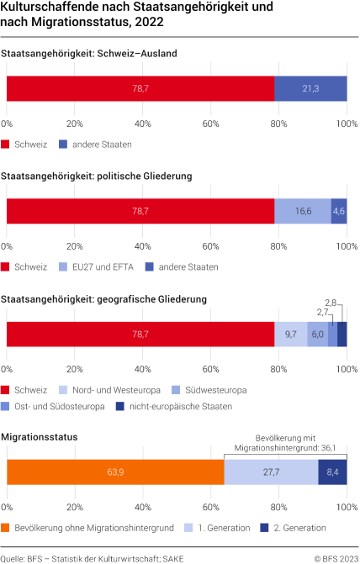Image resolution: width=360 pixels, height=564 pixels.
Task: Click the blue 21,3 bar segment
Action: point(310,89)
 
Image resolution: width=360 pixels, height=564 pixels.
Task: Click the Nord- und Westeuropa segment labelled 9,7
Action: point(291,335)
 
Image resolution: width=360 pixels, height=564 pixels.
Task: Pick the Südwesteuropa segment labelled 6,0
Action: point(317,335)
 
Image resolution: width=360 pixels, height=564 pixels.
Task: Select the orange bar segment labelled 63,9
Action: point(115,473)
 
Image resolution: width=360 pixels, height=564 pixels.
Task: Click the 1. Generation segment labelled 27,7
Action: point(271,473)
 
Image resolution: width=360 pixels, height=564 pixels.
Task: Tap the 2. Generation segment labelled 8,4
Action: point(332,473)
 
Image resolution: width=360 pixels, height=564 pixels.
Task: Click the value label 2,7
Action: point(323,312)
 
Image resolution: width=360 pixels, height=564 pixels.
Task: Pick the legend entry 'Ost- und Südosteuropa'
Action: point(58,406)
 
